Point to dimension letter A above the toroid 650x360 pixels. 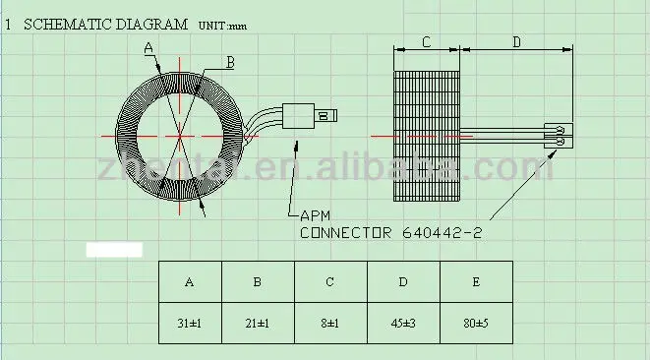(x=148, y=47)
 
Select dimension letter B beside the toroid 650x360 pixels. (x=229, y=62)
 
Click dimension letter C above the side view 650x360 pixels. (x=426, y=42)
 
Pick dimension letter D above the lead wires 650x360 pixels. (x=517, y=42)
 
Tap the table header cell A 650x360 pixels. (x=190, y=282)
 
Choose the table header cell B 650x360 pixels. (x=257, y=282)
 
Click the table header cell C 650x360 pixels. (x=329, y=282)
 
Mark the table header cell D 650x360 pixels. (x=403, y=282)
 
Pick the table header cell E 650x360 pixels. (x=477, y=282)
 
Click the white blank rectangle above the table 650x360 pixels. (x=114, y=249)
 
